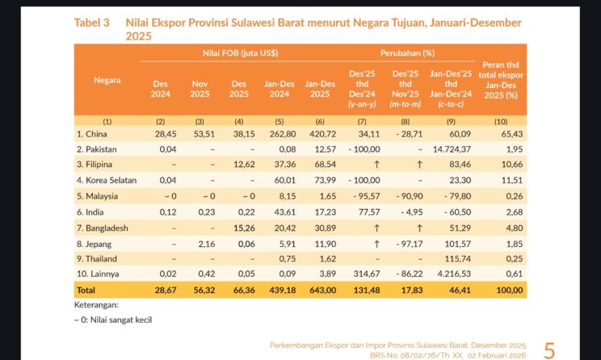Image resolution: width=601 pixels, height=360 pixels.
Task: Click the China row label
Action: point(91,133)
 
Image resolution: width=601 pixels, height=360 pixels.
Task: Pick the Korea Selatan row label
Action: point(107,180)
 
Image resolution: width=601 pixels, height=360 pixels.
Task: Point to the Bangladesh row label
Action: point(103,228)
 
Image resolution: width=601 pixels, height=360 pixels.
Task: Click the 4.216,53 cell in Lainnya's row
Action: point(453,274)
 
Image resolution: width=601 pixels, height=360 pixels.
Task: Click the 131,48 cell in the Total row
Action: point(364,291)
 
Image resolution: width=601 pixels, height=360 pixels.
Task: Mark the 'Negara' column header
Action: point(107,80)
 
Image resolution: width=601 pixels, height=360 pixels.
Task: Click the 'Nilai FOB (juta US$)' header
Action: point(240,53)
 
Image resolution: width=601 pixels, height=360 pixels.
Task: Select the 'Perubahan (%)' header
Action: point(407,53)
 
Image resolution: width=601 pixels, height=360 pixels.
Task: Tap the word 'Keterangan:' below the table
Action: point(96,305)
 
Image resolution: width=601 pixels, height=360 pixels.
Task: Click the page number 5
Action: point(549,350)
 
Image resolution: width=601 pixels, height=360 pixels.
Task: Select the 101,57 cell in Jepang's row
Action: point(456,243)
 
